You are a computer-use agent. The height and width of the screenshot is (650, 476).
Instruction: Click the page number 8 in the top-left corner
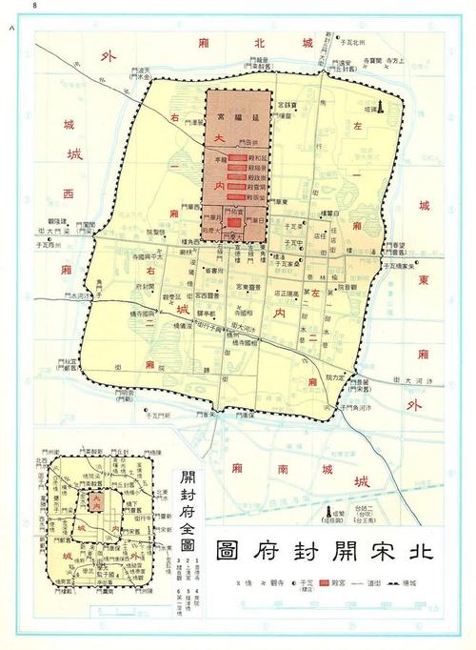(35, 6)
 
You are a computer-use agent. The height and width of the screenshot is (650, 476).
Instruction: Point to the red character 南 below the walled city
(283, 469)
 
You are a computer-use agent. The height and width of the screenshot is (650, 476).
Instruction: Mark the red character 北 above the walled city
(255, 43)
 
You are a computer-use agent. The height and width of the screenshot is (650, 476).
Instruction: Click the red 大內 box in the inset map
(96, 499)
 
